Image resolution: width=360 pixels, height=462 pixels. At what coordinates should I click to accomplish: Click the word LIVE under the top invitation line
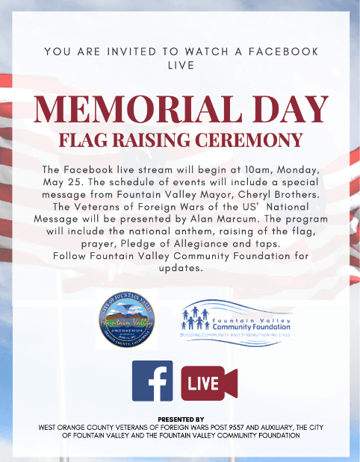pyautogui.click(x=179, y=65)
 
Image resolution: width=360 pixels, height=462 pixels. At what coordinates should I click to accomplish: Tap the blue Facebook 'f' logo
pyautogui.click(x=152, y=381)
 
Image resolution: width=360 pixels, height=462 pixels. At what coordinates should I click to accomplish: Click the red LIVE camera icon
pyautogui.click(x=208, y=382)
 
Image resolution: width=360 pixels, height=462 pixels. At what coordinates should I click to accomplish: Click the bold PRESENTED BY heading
pyautogui.click(x=179, y=419)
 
